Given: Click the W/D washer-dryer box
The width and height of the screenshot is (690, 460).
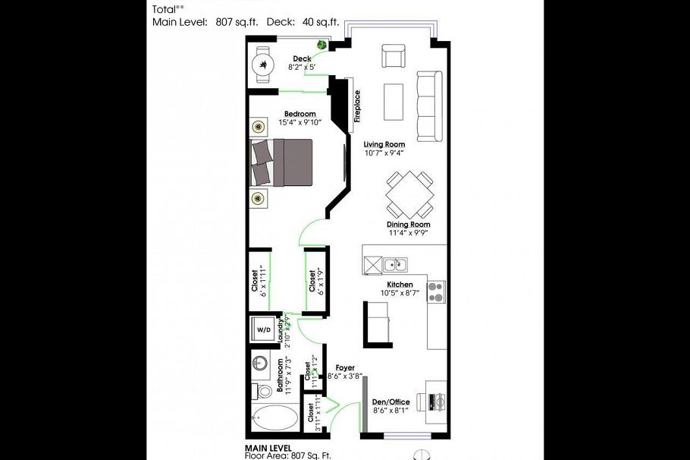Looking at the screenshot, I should point(264,330).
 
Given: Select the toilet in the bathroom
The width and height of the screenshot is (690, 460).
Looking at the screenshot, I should point(262,392).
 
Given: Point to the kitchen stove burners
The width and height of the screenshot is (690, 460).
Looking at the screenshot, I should point(436,291).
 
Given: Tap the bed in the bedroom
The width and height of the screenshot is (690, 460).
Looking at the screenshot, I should point(282,162).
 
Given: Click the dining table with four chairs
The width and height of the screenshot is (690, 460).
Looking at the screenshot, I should point(409,194).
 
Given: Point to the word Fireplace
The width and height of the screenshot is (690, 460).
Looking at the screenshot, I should point(356,106).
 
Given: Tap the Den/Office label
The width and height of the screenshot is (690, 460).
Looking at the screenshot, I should point(390,402).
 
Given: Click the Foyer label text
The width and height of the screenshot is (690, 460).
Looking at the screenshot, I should point(345,367).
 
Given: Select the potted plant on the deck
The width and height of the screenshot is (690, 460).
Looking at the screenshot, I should point(321,45).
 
